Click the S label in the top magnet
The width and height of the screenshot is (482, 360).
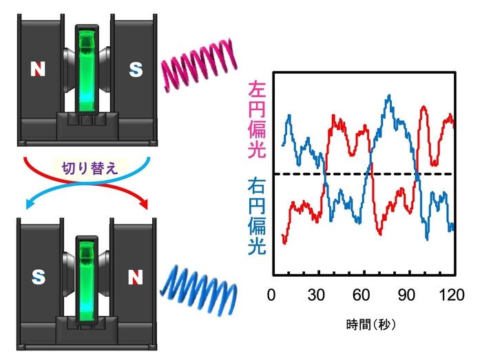click(137, 69)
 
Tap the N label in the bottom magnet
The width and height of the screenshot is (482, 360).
click(137, 277)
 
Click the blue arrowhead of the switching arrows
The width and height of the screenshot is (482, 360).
click(30, 203)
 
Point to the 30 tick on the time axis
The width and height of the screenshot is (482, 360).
click(317, 295)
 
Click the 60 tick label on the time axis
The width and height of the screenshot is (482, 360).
click(363, 295)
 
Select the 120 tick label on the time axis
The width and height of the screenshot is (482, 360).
click(452, 295)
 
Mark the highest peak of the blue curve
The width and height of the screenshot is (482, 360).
click(390, 96)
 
